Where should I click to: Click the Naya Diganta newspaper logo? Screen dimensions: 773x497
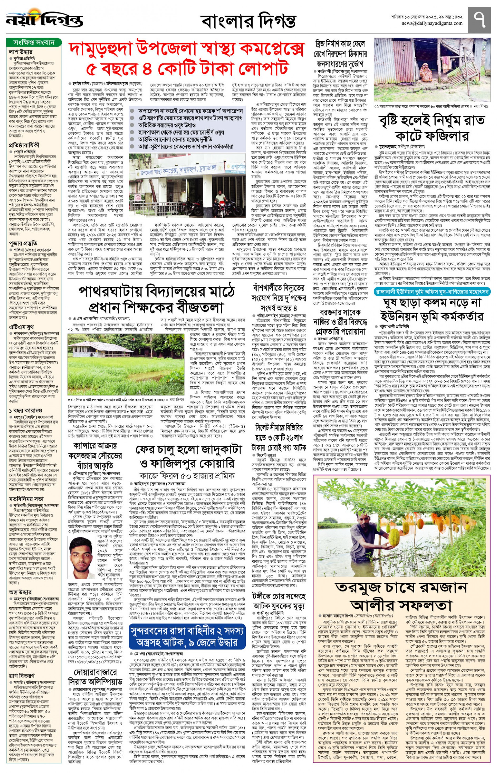44,20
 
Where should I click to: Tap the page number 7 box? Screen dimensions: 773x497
479,20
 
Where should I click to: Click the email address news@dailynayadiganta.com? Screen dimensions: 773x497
432,23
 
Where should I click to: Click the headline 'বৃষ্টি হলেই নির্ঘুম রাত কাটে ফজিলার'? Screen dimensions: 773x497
432,127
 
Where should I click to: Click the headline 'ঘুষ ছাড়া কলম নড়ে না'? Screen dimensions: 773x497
432,309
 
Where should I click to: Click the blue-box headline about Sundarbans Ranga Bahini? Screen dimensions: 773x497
187,636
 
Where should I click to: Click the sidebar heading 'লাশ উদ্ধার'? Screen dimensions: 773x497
21,52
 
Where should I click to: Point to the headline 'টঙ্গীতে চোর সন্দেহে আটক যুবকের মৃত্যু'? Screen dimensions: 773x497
279,600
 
